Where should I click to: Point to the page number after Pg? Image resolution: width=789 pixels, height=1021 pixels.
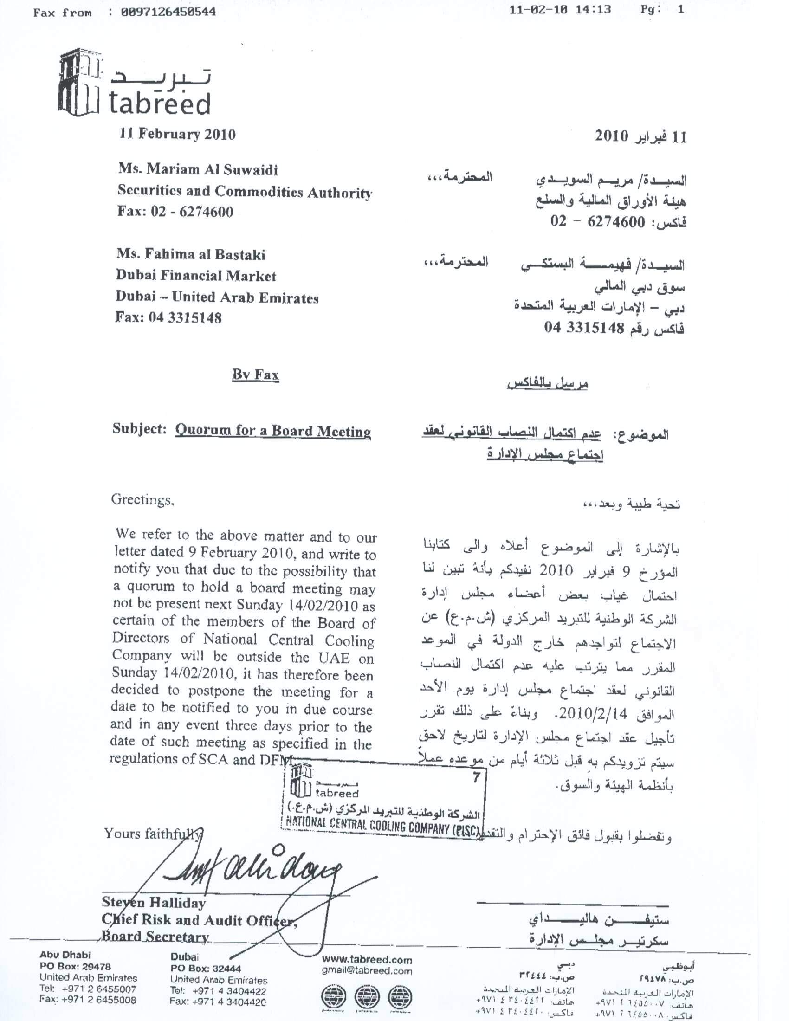(680, 10)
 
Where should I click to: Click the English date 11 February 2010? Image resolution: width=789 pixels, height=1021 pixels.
(178, 135)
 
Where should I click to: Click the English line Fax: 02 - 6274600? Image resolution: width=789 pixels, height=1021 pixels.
(175, 212)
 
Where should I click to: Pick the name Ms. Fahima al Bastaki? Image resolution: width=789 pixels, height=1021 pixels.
(191, 255)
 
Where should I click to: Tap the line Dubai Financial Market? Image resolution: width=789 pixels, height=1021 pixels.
(196, 276)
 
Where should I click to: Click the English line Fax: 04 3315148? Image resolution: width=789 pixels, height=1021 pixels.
(168, 318)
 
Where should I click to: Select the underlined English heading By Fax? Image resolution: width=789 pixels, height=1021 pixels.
(255, 375)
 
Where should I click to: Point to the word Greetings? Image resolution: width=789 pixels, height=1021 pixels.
(142, 500)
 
